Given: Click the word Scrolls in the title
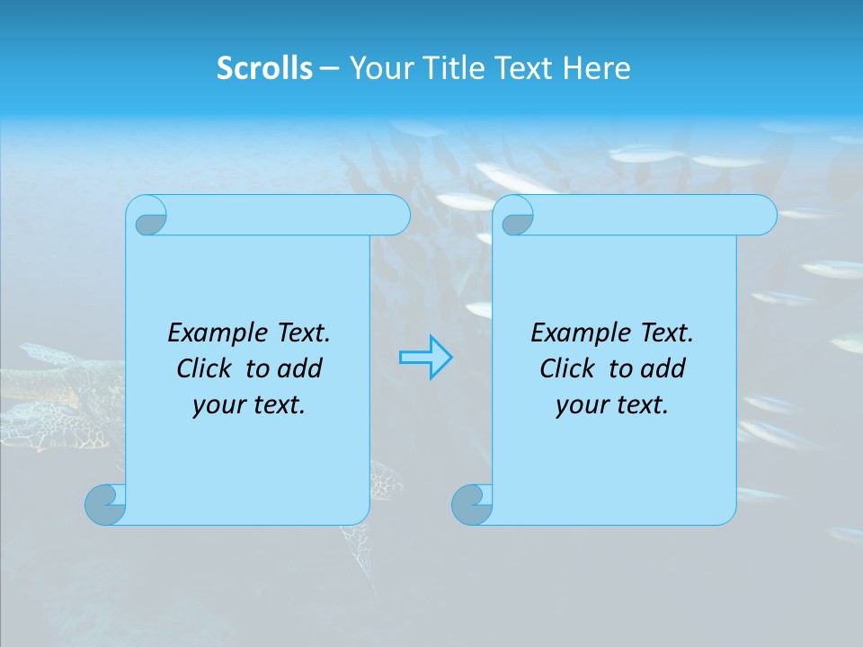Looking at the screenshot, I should click(265, 68).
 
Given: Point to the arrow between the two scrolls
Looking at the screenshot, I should click(425, 358).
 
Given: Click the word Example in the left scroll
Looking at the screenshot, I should click(215, 333).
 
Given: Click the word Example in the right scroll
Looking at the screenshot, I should click(578, 333).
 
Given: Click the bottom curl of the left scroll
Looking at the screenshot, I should click(104, 505).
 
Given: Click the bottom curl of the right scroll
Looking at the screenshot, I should click(471, 505).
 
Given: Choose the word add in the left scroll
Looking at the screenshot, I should click(301, 368).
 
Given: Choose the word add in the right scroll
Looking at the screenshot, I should click(664, 368).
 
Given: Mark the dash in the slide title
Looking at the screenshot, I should click(330, 68).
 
